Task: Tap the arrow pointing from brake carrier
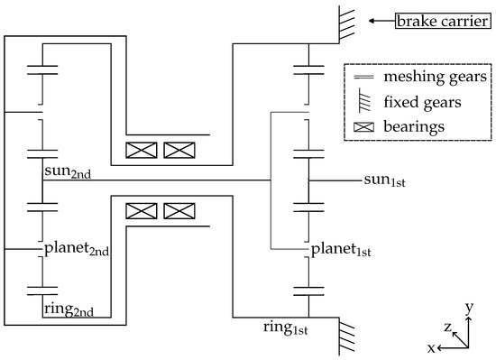(x=380, y=19)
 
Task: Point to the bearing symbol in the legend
(x=363, y=127)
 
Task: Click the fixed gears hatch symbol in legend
(x=363, y=102)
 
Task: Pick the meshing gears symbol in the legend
(x=363, y=78)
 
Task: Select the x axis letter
(x=432, y=346)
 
